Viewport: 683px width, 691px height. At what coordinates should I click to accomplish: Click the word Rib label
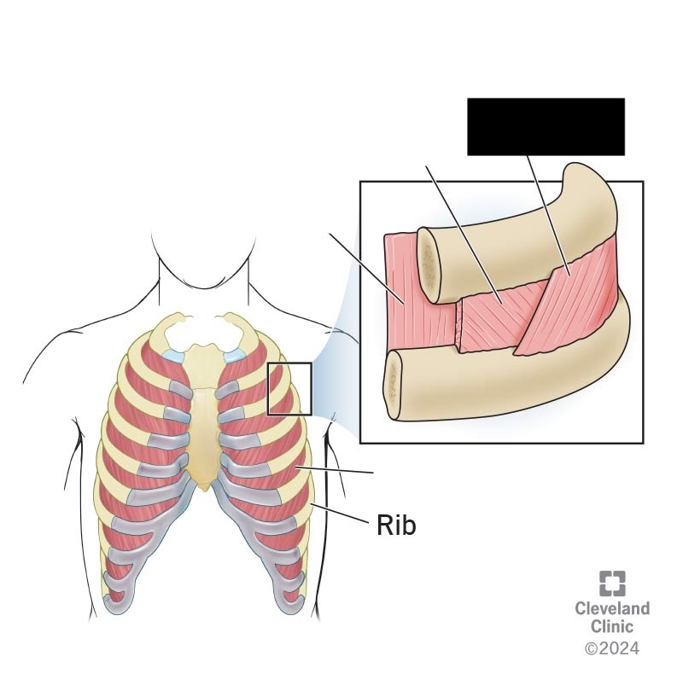[396, 525]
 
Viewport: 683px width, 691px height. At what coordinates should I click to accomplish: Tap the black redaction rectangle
[546, 126]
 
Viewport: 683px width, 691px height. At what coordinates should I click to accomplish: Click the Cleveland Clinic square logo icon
[612, 583]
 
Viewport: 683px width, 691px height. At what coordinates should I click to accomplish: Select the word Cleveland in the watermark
[612, 609]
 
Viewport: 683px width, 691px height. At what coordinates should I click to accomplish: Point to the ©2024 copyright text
[612, 648]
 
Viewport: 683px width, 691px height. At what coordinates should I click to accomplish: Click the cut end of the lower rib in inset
[394, 381]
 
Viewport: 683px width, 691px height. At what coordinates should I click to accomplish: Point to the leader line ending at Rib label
[340, 513]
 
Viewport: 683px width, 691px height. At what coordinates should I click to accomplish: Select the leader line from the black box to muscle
[548, 216]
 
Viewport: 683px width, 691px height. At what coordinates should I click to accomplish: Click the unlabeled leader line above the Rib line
[335, 469]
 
